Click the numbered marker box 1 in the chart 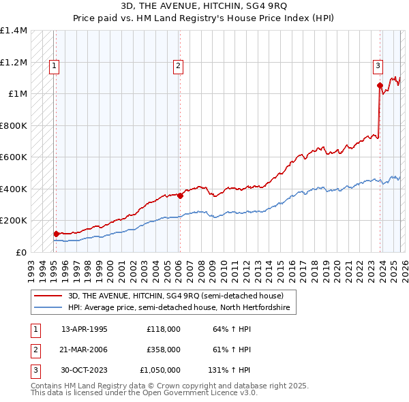55,66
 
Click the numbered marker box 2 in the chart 178,66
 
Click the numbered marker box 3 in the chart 378,66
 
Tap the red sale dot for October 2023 380,86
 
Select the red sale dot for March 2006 180,196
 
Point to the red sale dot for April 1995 57,234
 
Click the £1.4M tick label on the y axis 14,31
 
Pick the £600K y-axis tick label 14,157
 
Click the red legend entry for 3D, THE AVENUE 181,296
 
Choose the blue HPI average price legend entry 179,308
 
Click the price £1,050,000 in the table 162,370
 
